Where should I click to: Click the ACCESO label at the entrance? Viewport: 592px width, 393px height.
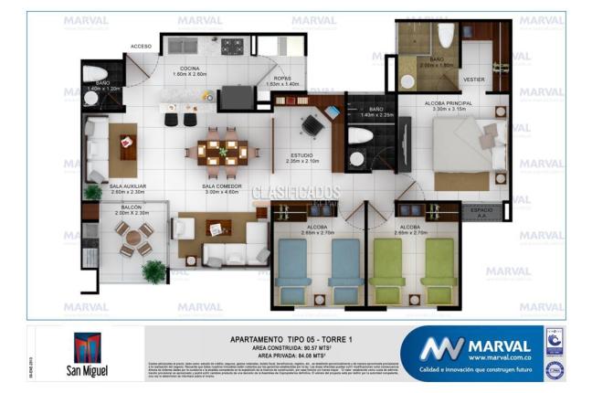[141, 46]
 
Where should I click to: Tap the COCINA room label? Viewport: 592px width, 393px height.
[189, 69]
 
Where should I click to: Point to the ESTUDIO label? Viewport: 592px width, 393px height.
[301, 155]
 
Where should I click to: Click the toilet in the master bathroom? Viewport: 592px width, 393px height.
[446, 35]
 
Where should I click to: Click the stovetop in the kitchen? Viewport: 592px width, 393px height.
[231, 43]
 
